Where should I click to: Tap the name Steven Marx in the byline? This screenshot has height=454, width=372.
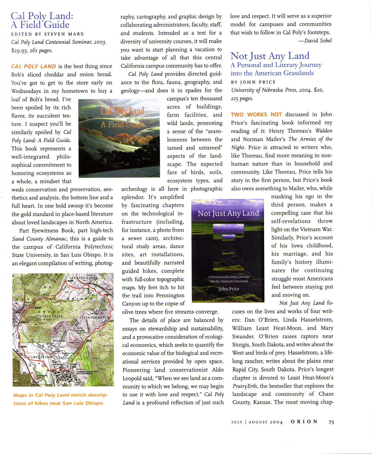pos(64,34)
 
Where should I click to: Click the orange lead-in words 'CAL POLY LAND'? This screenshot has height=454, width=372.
pos(34,67)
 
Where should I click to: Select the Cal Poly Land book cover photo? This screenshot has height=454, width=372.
pos(119,138)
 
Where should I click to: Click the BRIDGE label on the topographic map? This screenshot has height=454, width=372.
pos(38,308)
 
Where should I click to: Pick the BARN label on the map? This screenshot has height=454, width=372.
pos(71,281)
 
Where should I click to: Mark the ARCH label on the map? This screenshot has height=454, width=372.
pos(89,340)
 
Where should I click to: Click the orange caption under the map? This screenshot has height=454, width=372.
pos(60,399)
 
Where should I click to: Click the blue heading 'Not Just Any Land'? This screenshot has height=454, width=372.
pos(270,56)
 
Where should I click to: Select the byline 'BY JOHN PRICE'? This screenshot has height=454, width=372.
pos(253,82)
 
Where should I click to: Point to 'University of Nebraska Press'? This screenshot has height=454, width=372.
pos(264,90)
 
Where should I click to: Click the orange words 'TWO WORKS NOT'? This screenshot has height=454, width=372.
pos(256,115)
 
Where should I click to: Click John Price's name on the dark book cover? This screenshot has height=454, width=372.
pos(229,289)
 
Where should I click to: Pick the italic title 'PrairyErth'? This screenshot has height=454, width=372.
pos(245,386)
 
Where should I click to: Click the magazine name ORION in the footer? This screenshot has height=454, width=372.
pos(304,422)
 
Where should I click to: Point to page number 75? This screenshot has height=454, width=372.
pos(331,422)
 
